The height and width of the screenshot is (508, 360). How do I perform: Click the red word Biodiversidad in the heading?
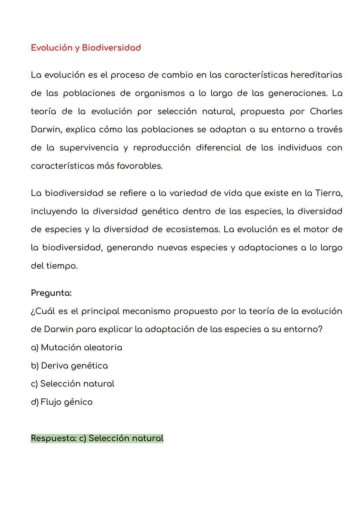point(111,48)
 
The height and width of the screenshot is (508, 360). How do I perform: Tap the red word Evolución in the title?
point(52,48)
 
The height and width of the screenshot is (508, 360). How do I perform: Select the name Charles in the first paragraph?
point(326,111)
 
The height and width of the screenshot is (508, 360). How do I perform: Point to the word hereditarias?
point(316,75)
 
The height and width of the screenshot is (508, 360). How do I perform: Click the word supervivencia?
point(89,148)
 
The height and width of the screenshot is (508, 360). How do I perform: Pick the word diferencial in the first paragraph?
point(218,148)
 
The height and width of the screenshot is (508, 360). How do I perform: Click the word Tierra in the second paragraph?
point(328,193)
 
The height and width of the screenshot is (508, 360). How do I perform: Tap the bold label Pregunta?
point(51,293)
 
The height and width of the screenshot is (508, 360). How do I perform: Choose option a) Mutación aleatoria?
point(76,347)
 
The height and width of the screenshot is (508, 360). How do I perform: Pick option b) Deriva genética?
point(69,366)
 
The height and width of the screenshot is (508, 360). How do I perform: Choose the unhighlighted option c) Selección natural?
point(72,384)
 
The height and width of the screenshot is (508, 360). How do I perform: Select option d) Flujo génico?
point(62,402)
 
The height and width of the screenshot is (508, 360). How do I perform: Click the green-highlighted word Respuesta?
point(53,438)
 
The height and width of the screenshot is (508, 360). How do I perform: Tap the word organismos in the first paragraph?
point(160,93)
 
